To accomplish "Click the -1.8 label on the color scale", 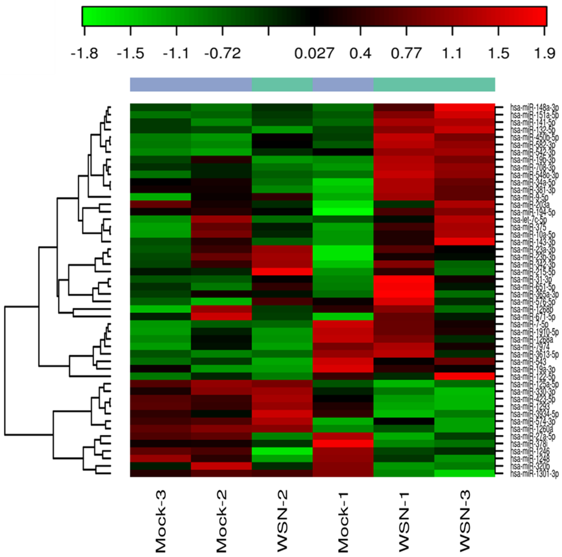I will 84,54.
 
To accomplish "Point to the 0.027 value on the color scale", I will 314,54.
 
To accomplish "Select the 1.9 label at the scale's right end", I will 545,54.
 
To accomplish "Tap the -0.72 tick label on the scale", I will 222,54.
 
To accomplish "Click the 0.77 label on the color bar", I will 406,54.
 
